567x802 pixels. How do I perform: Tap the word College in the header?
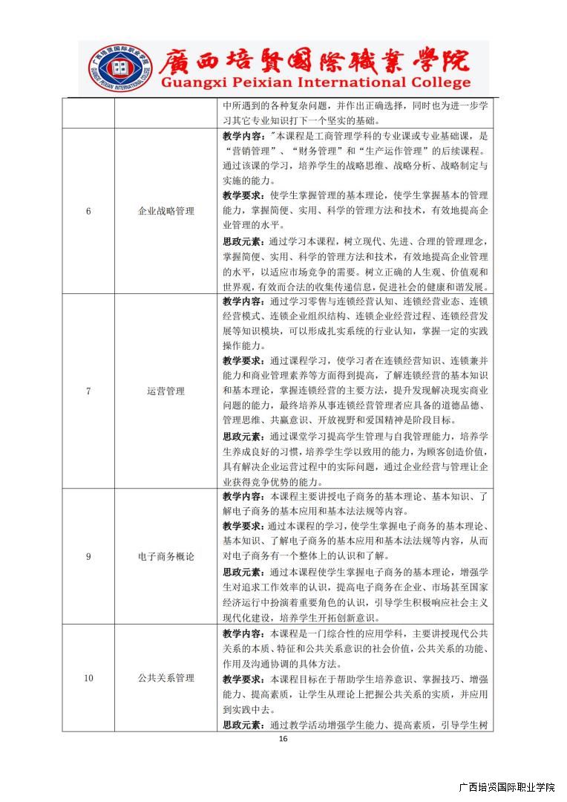click(x=437, y=82)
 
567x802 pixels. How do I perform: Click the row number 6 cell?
click(x=88, y=211)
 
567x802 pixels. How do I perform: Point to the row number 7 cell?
click(x=88, y=391)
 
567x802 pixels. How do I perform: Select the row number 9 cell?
click(x=88, y=556)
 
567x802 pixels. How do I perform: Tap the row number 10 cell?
click(x=88, y=678)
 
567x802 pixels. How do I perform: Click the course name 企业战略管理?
click(x=165, y=211)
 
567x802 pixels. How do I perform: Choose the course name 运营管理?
click(x=165, y=391)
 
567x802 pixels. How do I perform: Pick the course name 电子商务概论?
click(x=165, y=556)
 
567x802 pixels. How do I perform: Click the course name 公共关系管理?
click(x=165, y=678)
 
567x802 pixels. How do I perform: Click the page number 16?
click(x=283, y=739)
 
